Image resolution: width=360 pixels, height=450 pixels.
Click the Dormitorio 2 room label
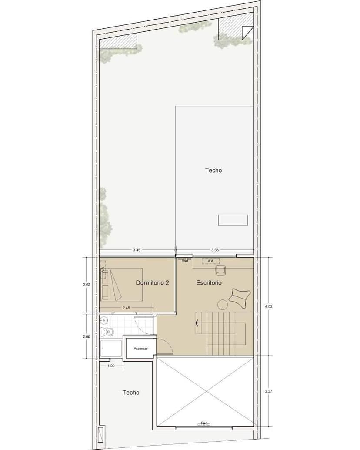pos(152,283)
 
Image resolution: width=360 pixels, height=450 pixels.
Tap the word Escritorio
pos(209,283)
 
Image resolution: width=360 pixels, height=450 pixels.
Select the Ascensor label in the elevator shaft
pos(140,349)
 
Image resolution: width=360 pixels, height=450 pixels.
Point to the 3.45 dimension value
pos(137,250)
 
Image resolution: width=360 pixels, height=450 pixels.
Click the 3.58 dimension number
pos(215,250)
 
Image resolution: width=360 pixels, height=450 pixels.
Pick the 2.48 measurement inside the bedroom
pos(126,308)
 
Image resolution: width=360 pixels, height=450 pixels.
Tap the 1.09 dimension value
pos(111,366)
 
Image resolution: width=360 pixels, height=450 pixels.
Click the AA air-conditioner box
pos(210,261)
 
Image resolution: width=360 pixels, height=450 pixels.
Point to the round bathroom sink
pos(103,321)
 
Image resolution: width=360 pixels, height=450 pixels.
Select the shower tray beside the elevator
pos(111,349)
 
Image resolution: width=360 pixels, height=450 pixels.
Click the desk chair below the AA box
pos(221,270)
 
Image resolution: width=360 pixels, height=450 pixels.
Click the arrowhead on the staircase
pos(198,322)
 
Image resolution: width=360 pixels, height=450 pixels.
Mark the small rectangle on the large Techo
pos(233,220)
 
